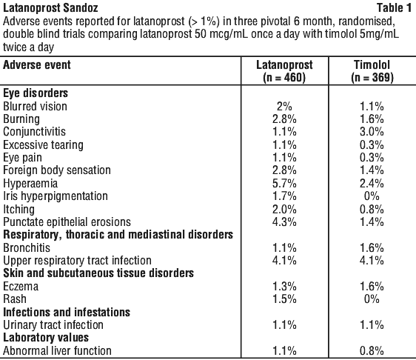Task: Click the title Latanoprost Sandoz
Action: tap(50, 8)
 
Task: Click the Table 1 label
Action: tap(394, 8)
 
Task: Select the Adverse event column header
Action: tap(37, 65)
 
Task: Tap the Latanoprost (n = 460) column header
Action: tap(284, 71)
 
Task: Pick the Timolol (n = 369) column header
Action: tap(372, 71)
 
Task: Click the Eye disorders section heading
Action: tap(36, 93)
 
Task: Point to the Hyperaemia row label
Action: tap(30, 184)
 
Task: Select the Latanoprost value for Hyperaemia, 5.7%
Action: tap(284, 184)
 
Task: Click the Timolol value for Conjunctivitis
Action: tap(372, 132)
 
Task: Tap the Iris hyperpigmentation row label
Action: tap(56, 196)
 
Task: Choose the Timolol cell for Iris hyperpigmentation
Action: tap(372, 196)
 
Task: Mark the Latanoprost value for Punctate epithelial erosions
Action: tap(284, 222)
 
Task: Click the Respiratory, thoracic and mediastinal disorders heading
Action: tap(118, 235)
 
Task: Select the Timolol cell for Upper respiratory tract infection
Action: tap(372, 261)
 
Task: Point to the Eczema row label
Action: tap(21, 287)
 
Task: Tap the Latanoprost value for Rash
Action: tap(284, 299)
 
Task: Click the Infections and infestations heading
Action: tap(67, 312)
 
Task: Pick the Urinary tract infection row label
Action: tap(53, 325)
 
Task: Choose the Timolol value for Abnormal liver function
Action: tap(372, 350)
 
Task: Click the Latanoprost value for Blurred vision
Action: tap(284, 107)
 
